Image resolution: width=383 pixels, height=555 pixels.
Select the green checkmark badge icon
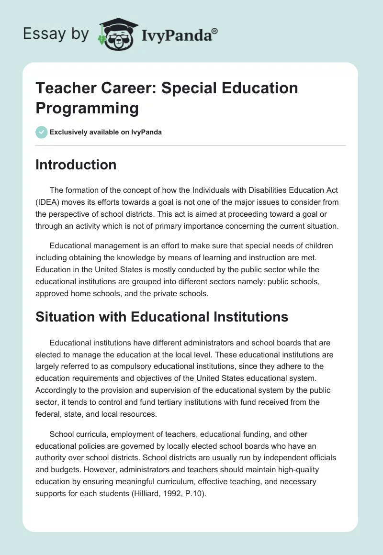click(42, 132)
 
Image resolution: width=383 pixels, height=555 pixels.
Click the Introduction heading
click(76, 165)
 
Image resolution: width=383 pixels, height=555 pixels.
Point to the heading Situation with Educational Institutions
click(162, 317)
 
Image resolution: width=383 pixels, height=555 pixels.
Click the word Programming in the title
click(87, 108)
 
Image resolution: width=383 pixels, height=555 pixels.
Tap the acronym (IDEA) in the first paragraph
click(49, 201)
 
